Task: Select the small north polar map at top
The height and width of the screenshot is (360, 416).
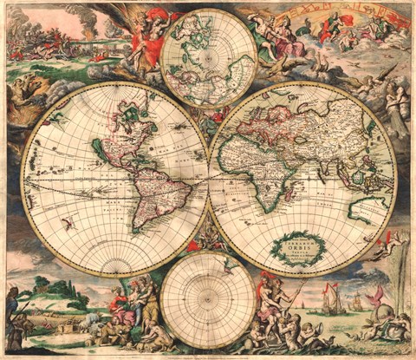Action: tap(209, 57)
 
